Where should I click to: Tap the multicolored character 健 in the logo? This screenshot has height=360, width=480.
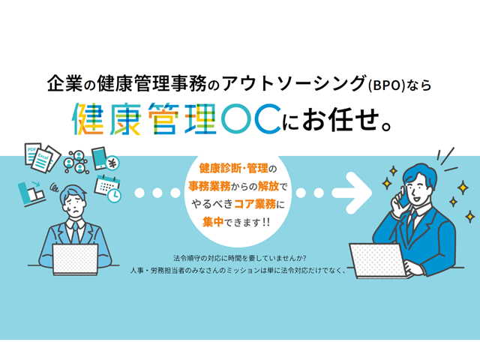[88, 119]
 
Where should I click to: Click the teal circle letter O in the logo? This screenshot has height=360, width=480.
[237, 118]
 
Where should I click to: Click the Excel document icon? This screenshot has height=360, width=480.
[43, 160]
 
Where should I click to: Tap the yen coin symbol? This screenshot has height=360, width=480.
[112, 163]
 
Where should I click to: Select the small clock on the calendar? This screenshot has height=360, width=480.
[115, 196]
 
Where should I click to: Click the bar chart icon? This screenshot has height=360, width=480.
[31, 193]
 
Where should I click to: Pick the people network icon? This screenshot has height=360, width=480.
[76, 162]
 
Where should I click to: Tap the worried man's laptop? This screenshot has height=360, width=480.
[75, 259]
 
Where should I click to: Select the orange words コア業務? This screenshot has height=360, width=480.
[255, 204]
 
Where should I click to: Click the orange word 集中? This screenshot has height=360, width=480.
[213, 222]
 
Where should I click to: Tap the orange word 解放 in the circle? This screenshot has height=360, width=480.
[268, 186]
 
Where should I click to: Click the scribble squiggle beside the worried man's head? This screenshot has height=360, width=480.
[55, 187]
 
